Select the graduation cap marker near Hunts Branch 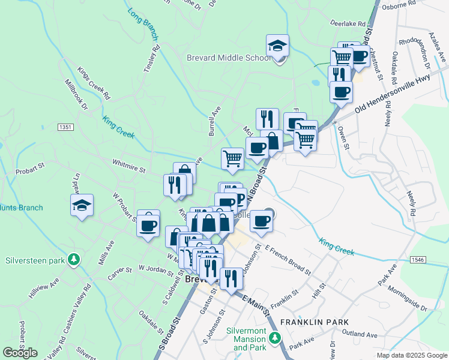pos(82,206)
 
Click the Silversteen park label pos(34,260)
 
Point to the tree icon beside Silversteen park pos(73,260)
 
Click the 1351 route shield pos(65,127)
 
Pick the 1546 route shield pos(418,259)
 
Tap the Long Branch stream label pos(142,24)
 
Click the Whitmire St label pos(129,166)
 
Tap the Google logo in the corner pos(20,353)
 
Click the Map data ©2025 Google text pos(411,355)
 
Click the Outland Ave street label pos(359,334)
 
